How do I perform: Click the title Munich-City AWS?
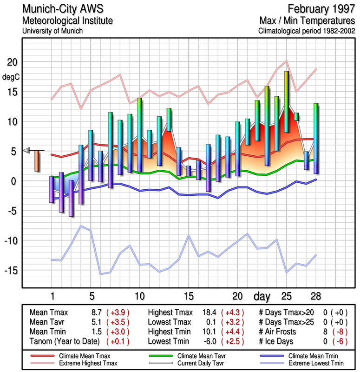pos(60,9)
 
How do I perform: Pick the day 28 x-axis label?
pos(316,296)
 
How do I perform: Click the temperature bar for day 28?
pos(316,139)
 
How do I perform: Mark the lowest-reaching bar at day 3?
pos(71,198)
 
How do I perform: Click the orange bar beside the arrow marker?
pos(37,161)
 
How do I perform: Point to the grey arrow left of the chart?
pos(26,150)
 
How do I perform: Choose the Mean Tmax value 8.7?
pos(97,312)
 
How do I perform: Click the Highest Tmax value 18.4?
pos(211,312)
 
